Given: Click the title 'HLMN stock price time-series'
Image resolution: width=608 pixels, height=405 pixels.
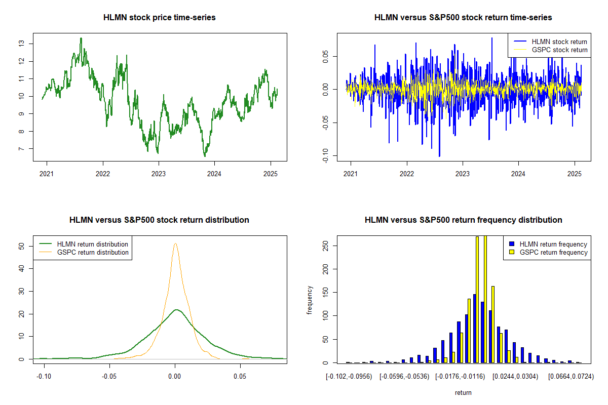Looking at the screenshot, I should click(159, 18).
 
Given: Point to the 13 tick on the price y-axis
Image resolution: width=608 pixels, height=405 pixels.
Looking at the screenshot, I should click(20, 44).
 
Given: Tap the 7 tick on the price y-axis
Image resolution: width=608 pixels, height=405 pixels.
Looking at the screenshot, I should click(20, 149).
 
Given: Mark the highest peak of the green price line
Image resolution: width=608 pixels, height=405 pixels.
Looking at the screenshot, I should click(81, 38).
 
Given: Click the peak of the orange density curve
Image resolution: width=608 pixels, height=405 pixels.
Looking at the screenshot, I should click(175, 244).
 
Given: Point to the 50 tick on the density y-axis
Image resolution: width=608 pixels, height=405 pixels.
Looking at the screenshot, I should click(20, 247).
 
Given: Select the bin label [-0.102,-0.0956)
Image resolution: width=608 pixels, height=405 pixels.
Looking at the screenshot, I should click(349, 377).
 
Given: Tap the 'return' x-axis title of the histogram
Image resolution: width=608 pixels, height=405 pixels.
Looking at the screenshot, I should click(463, 392).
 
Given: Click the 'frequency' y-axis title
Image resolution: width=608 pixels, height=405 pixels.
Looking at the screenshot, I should click(310, 300).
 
